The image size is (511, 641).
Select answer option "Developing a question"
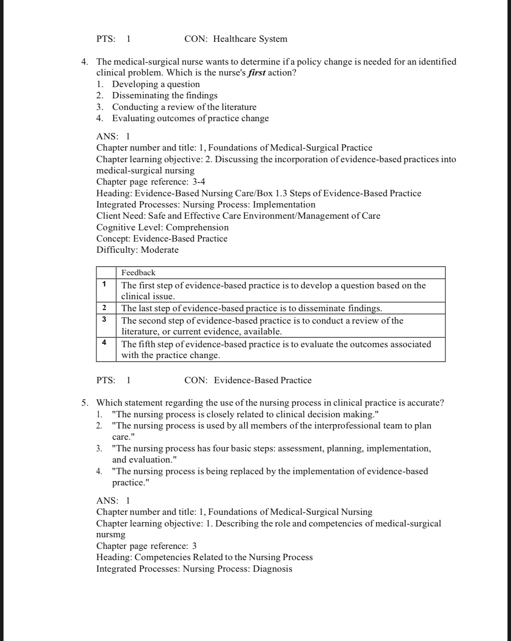(x=156, y=84)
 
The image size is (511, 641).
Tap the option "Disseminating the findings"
(x=165, y=96)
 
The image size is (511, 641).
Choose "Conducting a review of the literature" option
(x=184, y=107)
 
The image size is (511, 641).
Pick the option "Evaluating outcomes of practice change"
(x=190, y=118)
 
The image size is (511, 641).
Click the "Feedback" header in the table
(x=138, y=273)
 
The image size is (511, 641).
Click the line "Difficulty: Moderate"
(x=137, y=250)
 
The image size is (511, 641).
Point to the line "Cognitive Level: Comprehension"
(x=162, y=227)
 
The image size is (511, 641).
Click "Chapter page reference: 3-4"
(x=151, y=182)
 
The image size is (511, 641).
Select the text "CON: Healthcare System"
(x=236, y=39)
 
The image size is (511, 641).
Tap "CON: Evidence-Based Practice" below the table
(x=248, y=380)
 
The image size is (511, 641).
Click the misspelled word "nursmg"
(x=111, y=535)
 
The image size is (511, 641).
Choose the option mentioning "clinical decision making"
(x=245, y=415)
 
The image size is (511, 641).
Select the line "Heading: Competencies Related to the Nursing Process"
(x=204, y=557)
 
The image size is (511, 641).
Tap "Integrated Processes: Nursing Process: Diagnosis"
(x=194, y=569)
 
